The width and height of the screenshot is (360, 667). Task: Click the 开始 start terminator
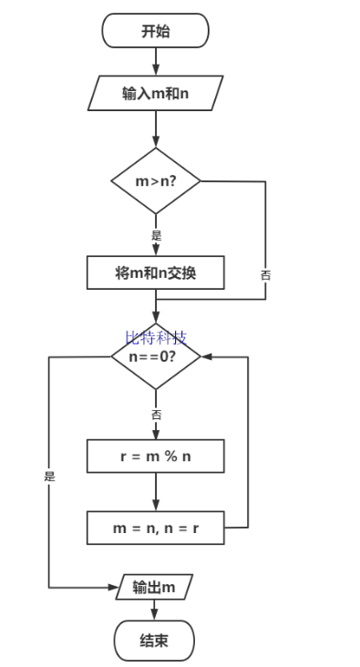155,31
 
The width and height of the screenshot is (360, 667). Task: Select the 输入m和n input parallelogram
155,92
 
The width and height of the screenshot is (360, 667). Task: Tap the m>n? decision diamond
155,180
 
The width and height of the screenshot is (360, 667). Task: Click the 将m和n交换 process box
155,272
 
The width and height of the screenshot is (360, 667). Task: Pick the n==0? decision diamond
155,356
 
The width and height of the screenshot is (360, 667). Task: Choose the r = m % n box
155,457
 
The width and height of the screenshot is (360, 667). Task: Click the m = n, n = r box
155,528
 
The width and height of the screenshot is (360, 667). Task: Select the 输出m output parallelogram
154,588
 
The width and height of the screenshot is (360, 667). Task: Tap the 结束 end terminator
154,641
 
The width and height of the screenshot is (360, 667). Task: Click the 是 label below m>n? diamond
156,234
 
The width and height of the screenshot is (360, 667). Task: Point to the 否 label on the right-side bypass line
265,274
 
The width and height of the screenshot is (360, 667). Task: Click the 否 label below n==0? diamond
156,414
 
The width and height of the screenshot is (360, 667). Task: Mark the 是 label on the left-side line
49,476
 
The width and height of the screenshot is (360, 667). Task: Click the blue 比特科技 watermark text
155,338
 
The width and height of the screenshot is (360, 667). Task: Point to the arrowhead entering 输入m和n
156,70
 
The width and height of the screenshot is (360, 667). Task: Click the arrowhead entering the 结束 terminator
155,616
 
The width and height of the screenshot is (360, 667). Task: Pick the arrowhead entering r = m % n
156,436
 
